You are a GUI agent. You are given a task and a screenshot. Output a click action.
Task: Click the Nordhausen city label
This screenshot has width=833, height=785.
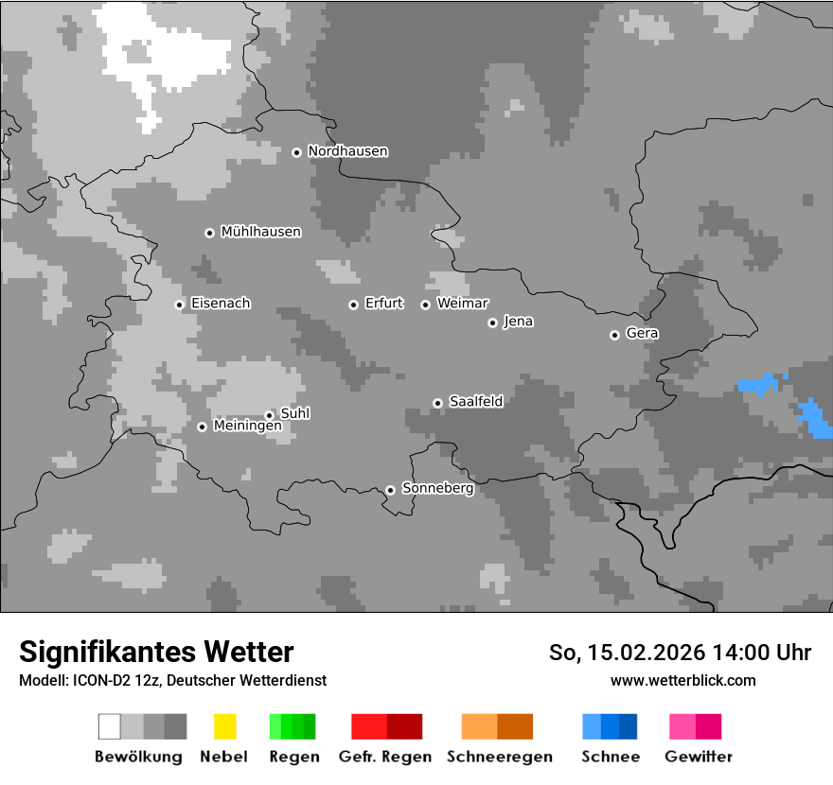click(347, 151)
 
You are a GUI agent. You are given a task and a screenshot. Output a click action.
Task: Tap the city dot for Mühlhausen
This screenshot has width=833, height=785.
click(209, 233)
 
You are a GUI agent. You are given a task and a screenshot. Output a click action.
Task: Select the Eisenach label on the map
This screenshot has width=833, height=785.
click(221, 304)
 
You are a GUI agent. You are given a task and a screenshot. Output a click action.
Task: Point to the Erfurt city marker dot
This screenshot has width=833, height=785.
click(353, 305)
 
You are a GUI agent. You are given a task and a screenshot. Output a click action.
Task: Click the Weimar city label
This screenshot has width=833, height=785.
click(462, 304)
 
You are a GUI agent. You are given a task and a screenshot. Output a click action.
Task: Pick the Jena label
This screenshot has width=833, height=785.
click(518, 322)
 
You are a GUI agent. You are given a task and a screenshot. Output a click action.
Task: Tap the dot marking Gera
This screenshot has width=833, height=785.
click(614, 335)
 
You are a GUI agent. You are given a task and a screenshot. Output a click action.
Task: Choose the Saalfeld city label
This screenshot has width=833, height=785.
click(475, 402)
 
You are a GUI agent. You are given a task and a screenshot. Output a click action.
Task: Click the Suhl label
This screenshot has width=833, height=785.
click(295, 413)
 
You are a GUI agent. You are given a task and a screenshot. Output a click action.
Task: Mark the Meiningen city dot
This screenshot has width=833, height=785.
click(202, 427)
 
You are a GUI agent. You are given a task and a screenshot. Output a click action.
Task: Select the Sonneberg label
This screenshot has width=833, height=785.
click(437, 489)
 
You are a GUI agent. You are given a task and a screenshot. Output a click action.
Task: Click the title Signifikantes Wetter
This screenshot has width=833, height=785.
click(156, 652)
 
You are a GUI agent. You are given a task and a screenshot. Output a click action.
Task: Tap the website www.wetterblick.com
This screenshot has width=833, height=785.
click(682, 680)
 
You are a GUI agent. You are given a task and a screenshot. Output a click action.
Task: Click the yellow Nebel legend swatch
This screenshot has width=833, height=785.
click(224, 726)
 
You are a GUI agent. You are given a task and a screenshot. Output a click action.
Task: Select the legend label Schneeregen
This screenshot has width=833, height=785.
click(499, 757)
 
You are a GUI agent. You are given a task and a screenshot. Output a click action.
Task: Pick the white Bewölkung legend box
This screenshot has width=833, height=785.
click(110, 726)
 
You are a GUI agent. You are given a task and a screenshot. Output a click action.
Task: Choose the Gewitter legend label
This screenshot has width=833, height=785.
click(698, 757)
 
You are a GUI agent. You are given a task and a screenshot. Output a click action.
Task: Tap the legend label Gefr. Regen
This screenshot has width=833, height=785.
click(384, 757)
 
